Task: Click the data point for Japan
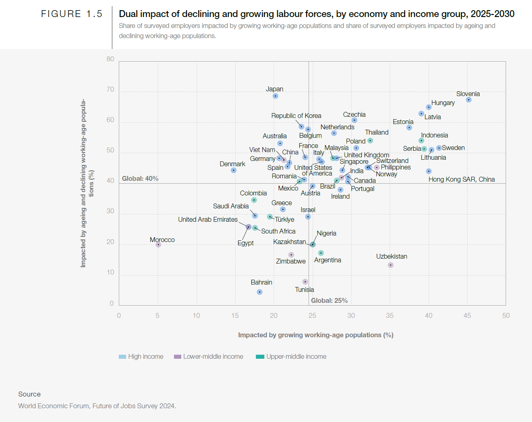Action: click(x=275, y=96)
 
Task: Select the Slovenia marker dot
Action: click(x=469, y=100)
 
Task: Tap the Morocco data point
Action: click(x=159, y=245)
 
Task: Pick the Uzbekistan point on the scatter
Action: click(x=390, y=265)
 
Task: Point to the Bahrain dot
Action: click(x=260, y=292)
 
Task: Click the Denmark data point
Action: click(x=234, y=170)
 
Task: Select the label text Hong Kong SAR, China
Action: click(x=461, y=179)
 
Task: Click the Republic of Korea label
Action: click(x=296, y=116)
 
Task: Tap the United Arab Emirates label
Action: click(x=208, y=219)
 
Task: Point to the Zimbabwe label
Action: click(x=291, y=261)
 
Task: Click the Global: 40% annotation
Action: click(x=140, y=178)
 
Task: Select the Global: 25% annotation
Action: click(x=329, y=300)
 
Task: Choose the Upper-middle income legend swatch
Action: click(x=260, y=357)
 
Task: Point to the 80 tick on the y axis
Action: click(x=110, y=59)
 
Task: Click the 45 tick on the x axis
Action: click(x=467, y=315)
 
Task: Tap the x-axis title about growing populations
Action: click(x=315, y=335)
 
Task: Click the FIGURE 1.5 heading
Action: click(x=71, y=14)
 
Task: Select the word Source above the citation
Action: click(x=29, y=394)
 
